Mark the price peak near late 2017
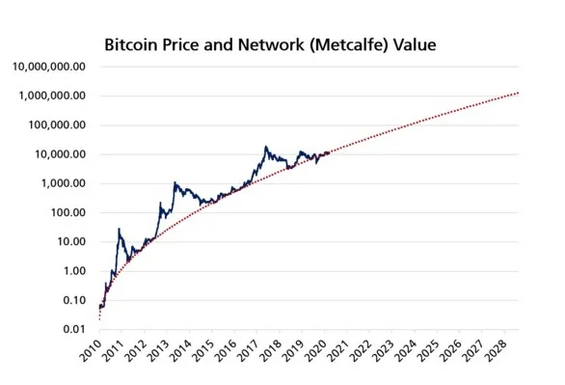click(266, 147)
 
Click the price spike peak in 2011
click(119, 230)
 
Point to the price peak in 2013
click(175, 182)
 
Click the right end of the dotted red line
click(519, 93)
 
